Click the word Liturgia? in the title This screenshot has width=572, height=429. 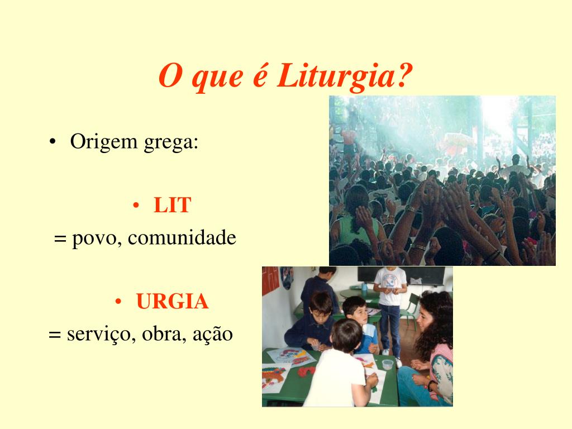coord(344,76)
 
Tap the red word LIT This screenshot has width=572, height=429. coord(172,206)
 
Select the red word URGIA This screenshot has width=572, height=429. coord(172,302)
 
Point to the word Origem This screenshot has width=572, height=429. coord(103,142)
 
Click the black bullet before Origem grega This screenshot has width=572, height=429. coord(52,142)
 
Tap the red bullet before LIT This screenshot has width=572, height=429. coord(136,206)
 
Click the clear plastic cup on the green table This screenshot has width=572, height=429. coord(387,364)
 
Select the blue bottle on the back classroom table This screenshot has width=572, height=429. coord(364,287)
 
